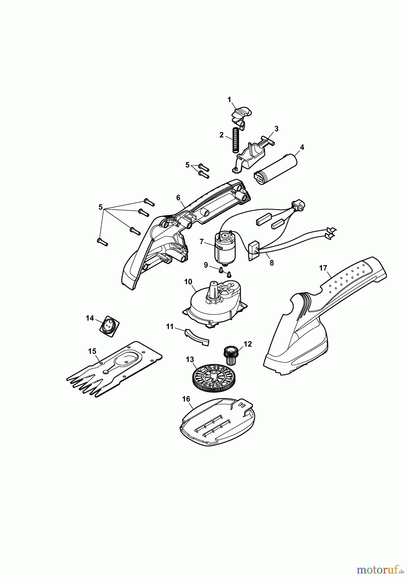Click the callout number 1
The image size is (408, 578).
click(x=229, y=100)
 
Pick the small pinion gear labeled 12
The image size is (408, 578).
click(x=231, y=355)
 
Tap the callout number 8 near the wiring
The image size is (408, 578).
click(x=272, y=262)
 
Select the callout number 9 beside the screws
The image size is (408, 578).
click(x=206, y=265)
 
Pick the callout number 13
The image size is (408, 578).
click(x=190, y=359)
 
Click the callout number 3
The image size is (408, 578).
click(x=276, y=129)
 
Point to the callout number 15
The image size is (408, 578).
click(x=92, y=351)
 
